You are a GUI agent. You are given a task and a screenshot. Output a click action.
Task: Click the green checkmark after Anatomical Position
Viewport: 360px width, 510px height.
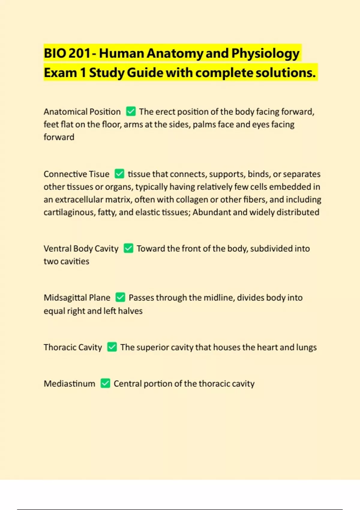coord(131,111)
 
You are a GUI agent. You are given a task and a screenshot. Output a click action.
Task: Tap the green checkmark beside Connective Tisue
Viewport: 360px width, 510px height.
coord(119,174)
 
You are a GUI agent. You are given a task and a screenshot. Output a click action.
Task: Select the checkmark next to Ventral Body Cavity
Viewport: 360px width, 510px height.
coord(128,248)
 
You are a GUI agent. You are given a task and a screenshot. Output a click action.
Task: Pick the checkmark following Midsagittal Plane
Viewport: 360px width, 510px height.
coord(120,297)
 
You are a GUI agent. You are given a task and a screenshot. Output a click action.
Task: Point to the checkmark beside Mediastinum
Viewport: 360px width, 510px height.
coord(105,383)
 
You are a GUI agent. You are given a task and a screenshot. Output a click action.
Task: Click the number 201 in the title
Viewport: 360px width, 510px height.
coord(79,53)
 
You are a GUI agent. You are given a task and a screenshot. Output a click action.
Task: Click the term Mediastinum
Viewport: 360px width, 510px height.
coord(69,383)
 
